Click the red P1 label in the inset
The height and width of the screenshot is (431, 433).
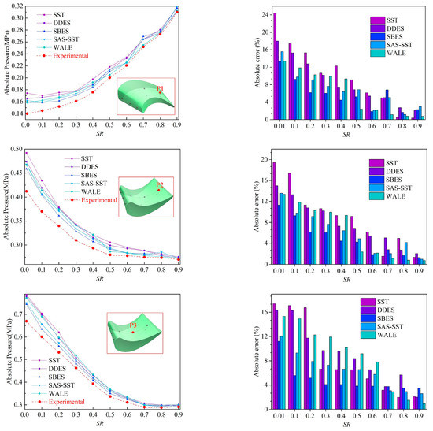161,89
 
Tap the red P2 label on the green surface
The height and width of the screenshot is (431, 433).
161,184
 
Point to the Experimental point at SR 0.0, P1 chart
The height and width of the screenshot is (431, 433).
26,113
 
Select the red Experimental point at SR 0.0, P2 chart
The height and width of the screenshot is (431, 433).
26,191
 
